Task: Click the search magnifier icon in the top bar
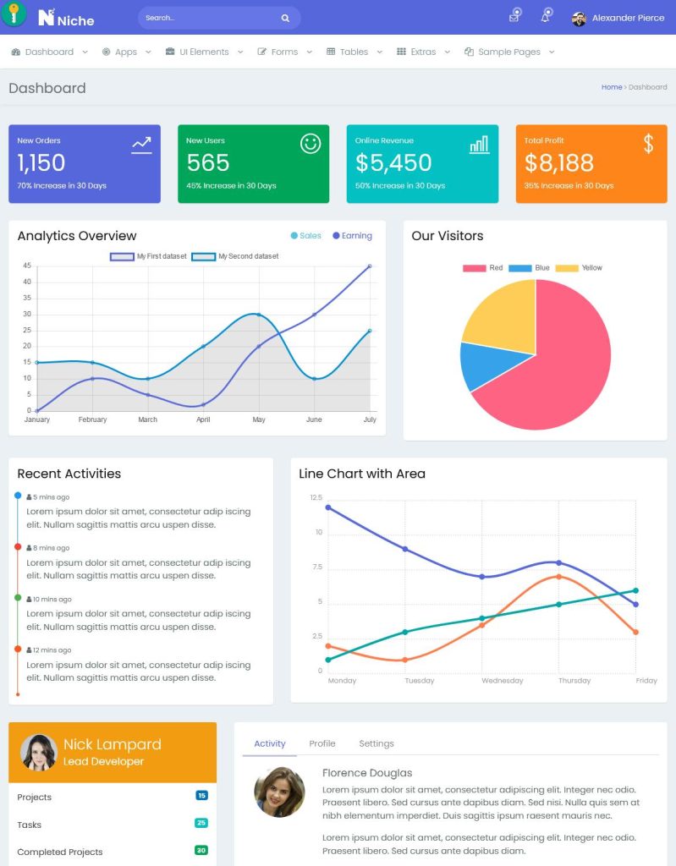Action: (285, 18)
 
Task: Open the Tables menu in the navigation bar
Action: (354, 52)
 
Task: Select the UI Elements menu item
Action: (204, 52)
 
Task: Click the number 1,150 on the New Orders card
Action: (41, 162)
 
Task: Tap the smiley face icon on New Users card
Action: (311, 144)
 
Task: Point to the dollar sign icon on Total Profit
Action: (648, 144)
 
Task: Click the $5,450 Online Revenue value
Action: (393, 162)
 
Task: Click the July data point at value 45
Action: (370, 266)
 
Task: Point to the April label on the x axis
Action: (203, 419)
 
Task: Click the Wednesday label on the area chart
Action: (503, 681)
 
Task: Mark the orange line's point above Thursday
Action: (558, 577)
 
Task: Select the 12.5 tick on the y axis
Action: (316, 497)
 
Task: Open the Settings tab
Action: (376, 743)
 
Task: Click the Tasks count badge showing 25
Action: (201, 823)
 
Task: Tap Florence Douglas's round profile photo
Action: (279, 792)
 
